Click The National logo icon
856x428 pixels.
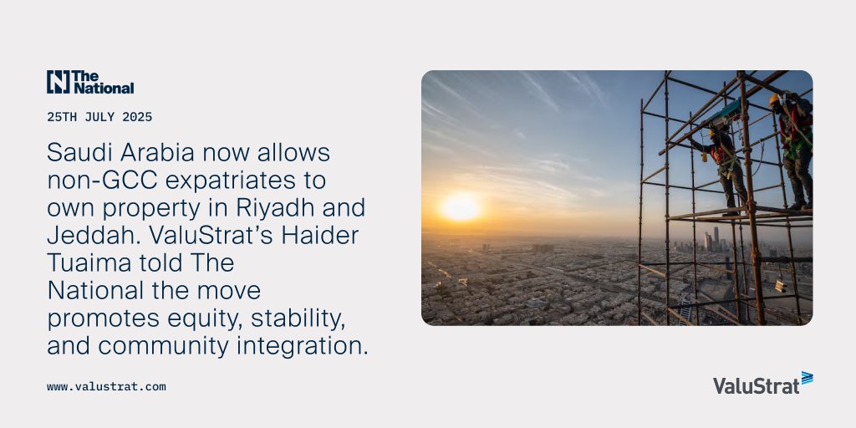[58, 82]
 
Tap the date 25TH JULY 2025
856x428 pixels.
[99, 117]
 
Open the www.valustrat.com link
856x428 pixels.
[106, 387]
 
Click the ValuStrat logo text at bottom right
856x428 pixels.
[756, 385]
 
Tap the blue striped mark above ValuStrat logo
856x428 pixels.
[807, 378]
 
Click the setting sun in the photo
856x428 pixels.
[461, 206]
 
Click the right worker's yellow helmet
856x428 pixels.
[774, 100]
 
